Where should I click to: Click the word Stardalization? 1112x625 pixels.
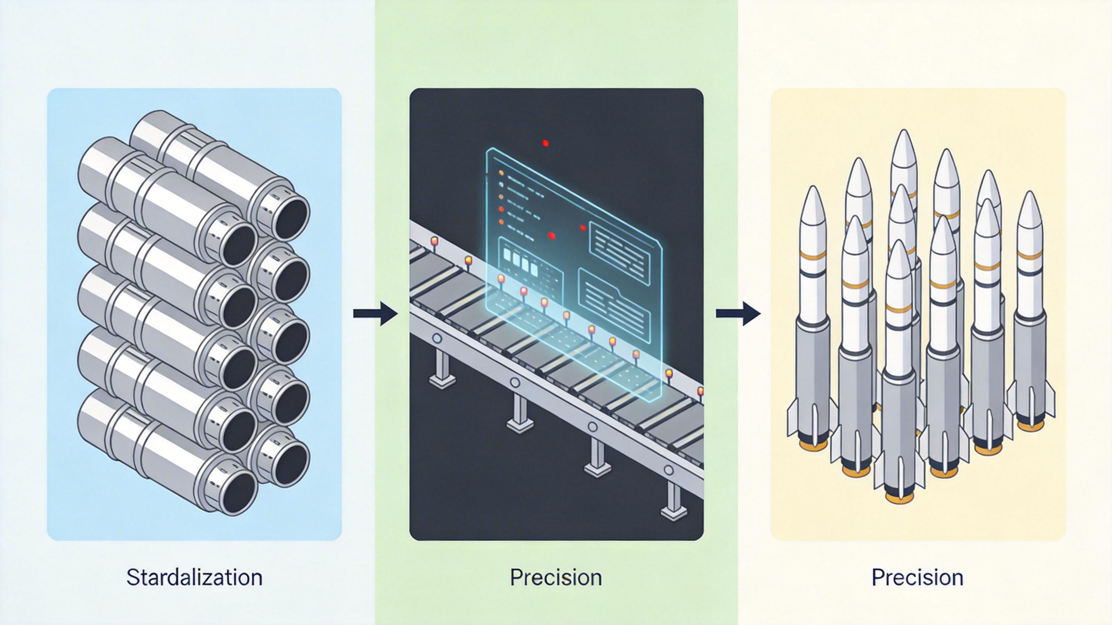[x=194, y=577]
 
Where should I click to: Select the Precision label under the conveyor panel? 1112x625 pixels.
[x=556, y=577]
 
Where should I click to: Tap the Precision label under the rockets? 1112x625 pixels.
[x=917, y=577]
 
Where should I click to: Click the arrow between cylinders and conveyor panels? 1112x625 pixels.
[x=375, y=313]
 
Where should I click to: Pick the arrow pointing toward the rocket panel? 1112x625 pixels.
[x=738, y=313]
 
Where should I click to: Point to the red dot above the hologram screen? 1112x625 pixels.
[x=545, y=143]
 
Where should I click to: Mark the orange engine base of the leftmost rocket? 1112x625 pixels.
[x=813, y=445]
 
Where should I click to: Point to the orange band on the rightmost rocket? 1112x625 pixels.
[x=1030, y=255]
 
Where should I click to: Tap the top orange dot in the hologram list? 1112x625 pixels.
[x=502, y=173]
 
